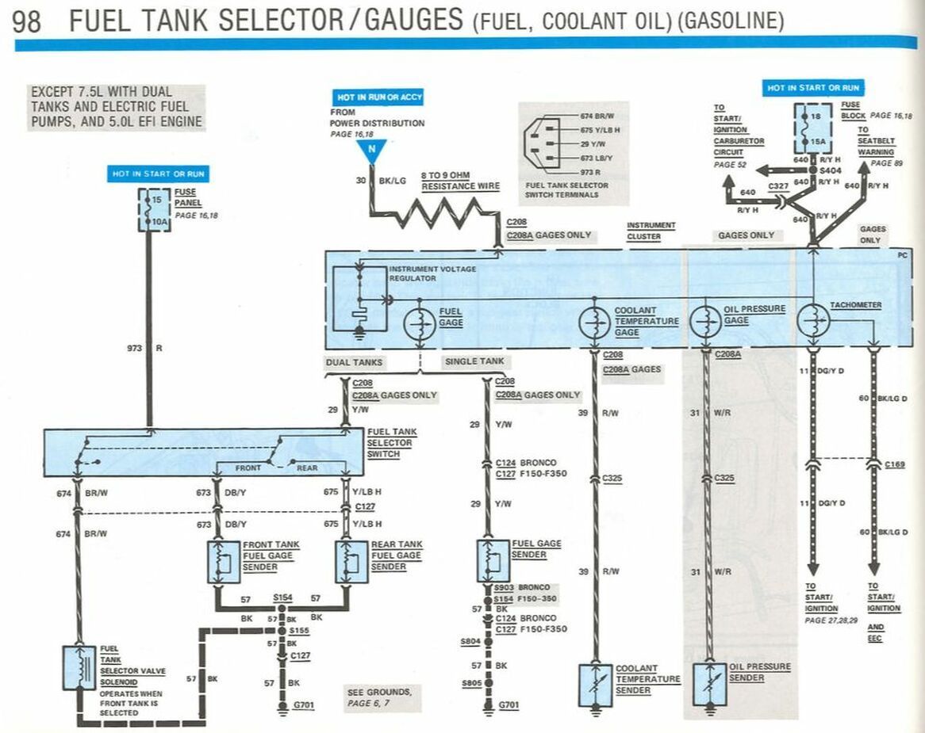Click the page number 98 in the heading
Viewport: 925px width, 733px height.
26,21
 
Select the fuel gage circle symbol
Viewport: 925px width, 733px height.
420,323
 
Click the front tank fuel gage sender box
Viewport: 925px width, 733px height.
224,562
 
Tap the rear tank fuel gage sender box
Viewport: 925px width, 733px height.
351,562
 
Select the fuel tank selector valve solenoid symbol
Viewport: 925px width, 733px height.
79,667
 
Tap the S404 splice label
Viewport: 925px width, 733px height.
830,170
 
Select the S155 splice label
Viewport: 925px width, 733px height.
299,631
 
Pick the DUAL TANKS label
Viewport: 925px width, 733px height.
354,362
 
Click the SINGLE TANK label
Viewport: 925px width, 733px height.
474,361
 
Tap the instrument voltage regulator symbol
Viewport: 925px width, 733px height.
359,299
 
